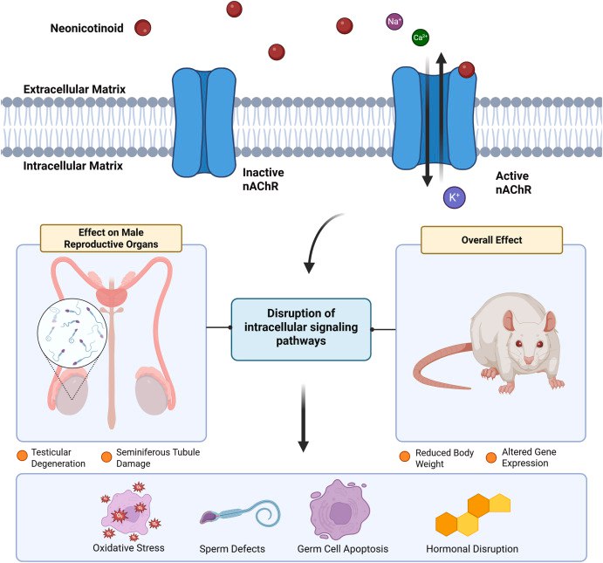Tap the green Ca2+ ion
pyautogui.click(x=421, y=38)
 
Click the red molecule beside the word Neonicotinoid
pyautogui.click(x=141, y=29)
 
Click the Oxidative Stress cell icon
pyautogui.click(x=127, y=513)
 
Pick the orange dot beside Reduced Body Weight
pyautogui.click(x=404, y=456)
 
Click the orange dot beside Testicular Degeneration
pyautogui.click(x=21, y=456)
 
